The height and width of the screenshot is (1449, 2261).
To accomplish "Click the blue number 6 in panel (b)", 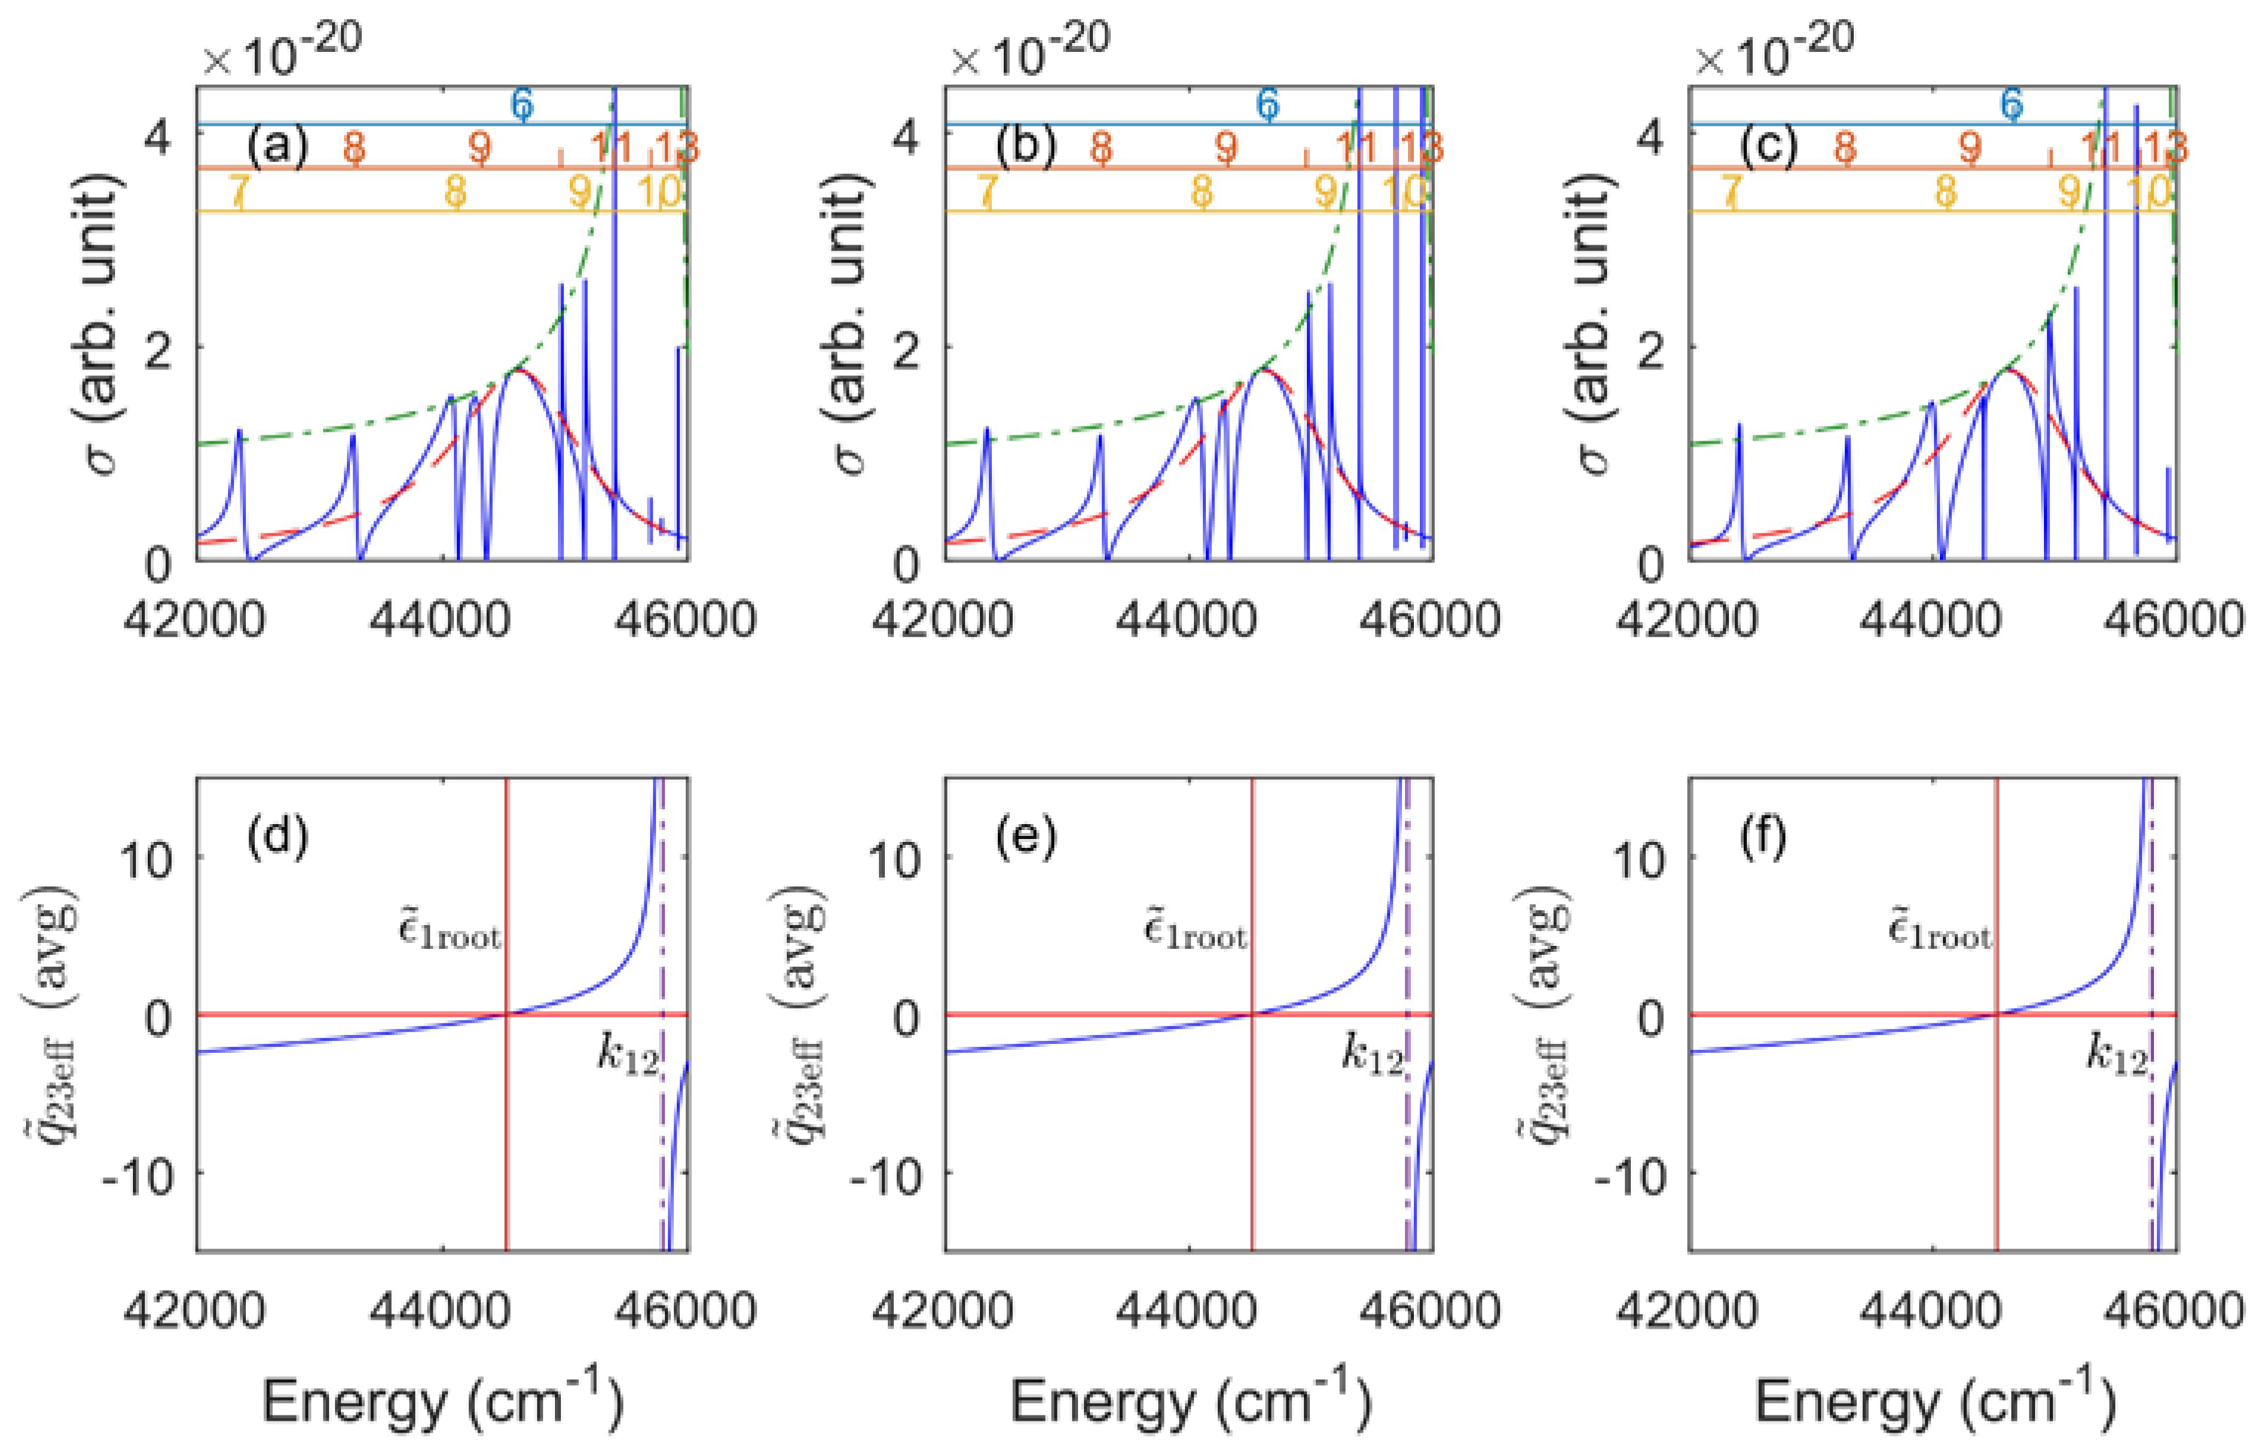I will (x=1268, y=103).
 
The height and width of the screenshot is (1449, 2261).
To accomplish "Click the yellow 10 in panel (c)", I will (x=2148, y=192).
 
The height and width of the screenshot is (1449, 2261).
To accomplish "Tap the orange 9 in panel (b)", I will (x=1225, y=148).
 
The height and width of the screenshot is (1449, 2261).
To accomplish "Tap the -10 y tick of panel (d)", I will (x=139, y=1173).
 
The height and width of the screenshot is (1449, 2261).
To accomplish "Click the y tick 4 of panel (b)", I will (x=904, y=138).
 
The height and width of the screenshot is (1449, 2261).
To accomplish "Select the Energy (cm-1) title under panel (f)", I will (x=1933, y=1402).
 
